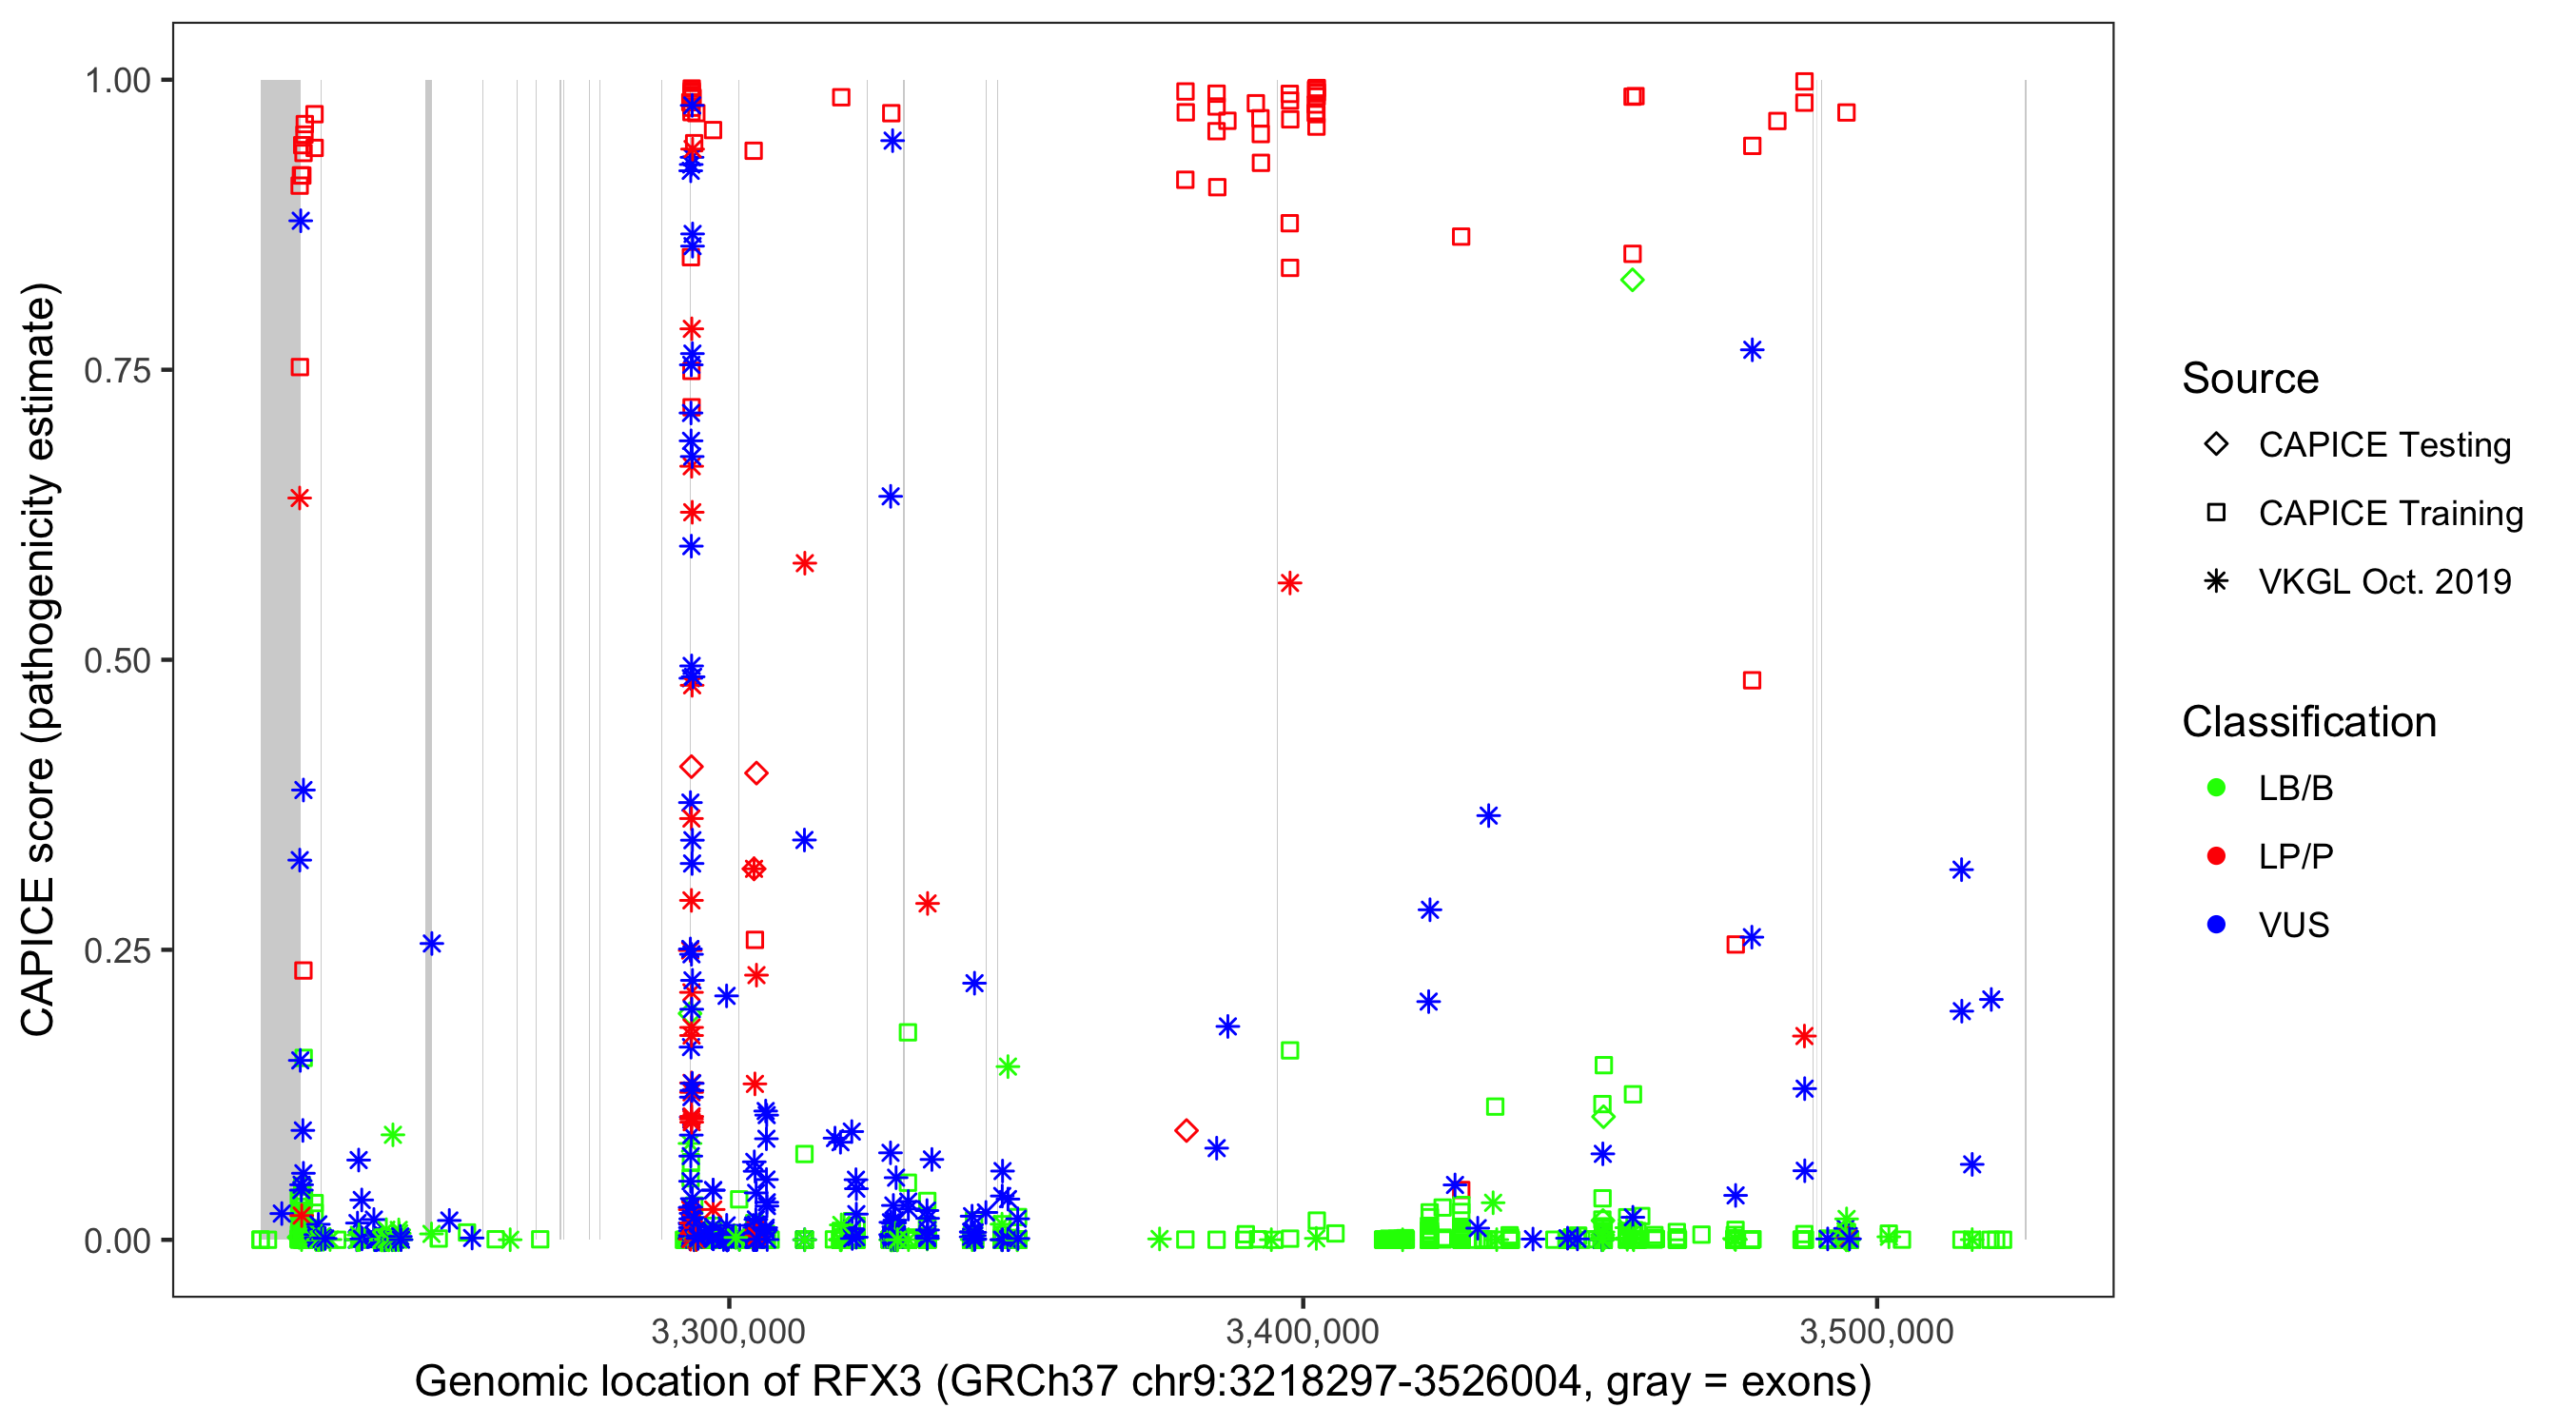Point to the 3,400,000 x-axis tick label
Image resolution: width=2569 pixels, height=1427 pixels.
click(x=1303, y=1331)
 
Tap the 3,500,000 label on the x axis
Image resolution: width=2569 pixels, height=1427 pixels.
click(x=1877, y=1331)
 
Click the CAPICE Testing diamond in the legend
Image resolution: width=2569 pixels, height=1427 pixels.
click(x=2216, y=445)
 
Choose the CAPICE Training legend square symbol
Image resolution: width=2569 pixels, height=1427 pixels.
click(x=2216, y=514)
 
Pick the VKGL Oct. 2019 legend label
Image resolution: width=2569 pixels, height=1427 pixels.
click(x=2384, y=582)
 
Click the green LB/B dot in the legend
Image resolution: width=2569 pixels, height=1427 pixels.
click(x=2216, y=789)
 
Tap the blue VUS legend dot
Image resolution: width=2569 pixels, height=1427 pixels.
click(x=2216, y=926)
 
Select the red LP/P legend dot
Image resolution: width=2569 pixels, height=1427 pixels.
click(x=2216, y=856)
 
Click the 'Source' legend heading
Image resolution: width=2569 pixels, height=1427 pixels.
click(x=2250, y=379)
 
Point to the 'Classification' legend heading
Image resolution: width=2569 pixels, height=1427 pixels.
click(x=2308, y=722)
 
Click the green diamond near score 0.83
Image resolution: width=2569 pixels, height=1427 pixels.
click(x=1632, y=281)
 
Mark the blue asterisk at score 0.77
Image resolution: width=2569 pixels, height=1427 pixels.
click(x=1752, y=350)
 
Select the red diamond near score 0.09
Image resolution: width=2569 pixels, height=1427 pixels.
click(x=1186, y=1130)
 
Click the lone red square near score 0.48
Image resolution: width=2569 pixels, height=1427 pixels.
click(x=1752, y=680)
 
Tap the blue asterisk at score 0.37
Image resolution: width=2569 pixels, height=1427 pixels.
click(x=1488, y=815)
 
